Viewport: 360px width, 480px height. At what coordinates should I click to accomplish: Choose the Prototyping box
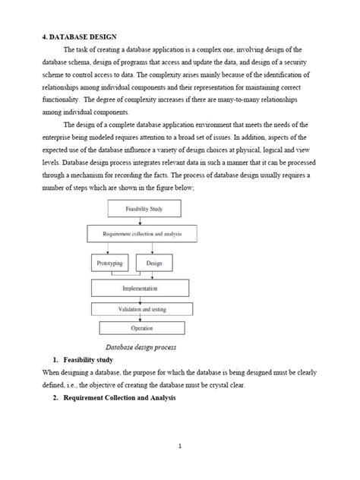[x=110, y=263]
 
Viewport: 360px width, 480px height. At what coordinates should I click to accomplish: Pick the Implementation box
[x=141, y=288]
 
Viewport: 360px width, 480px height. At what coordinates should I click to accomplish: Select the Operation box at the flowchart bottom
[x=141, y=328]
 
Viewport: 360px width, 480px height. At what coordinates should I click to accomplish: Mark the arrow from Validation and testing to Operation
[x=142, y=318]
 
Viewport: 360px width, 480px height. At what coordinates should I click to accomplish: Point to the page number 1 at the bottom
[x=180, y=447]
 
